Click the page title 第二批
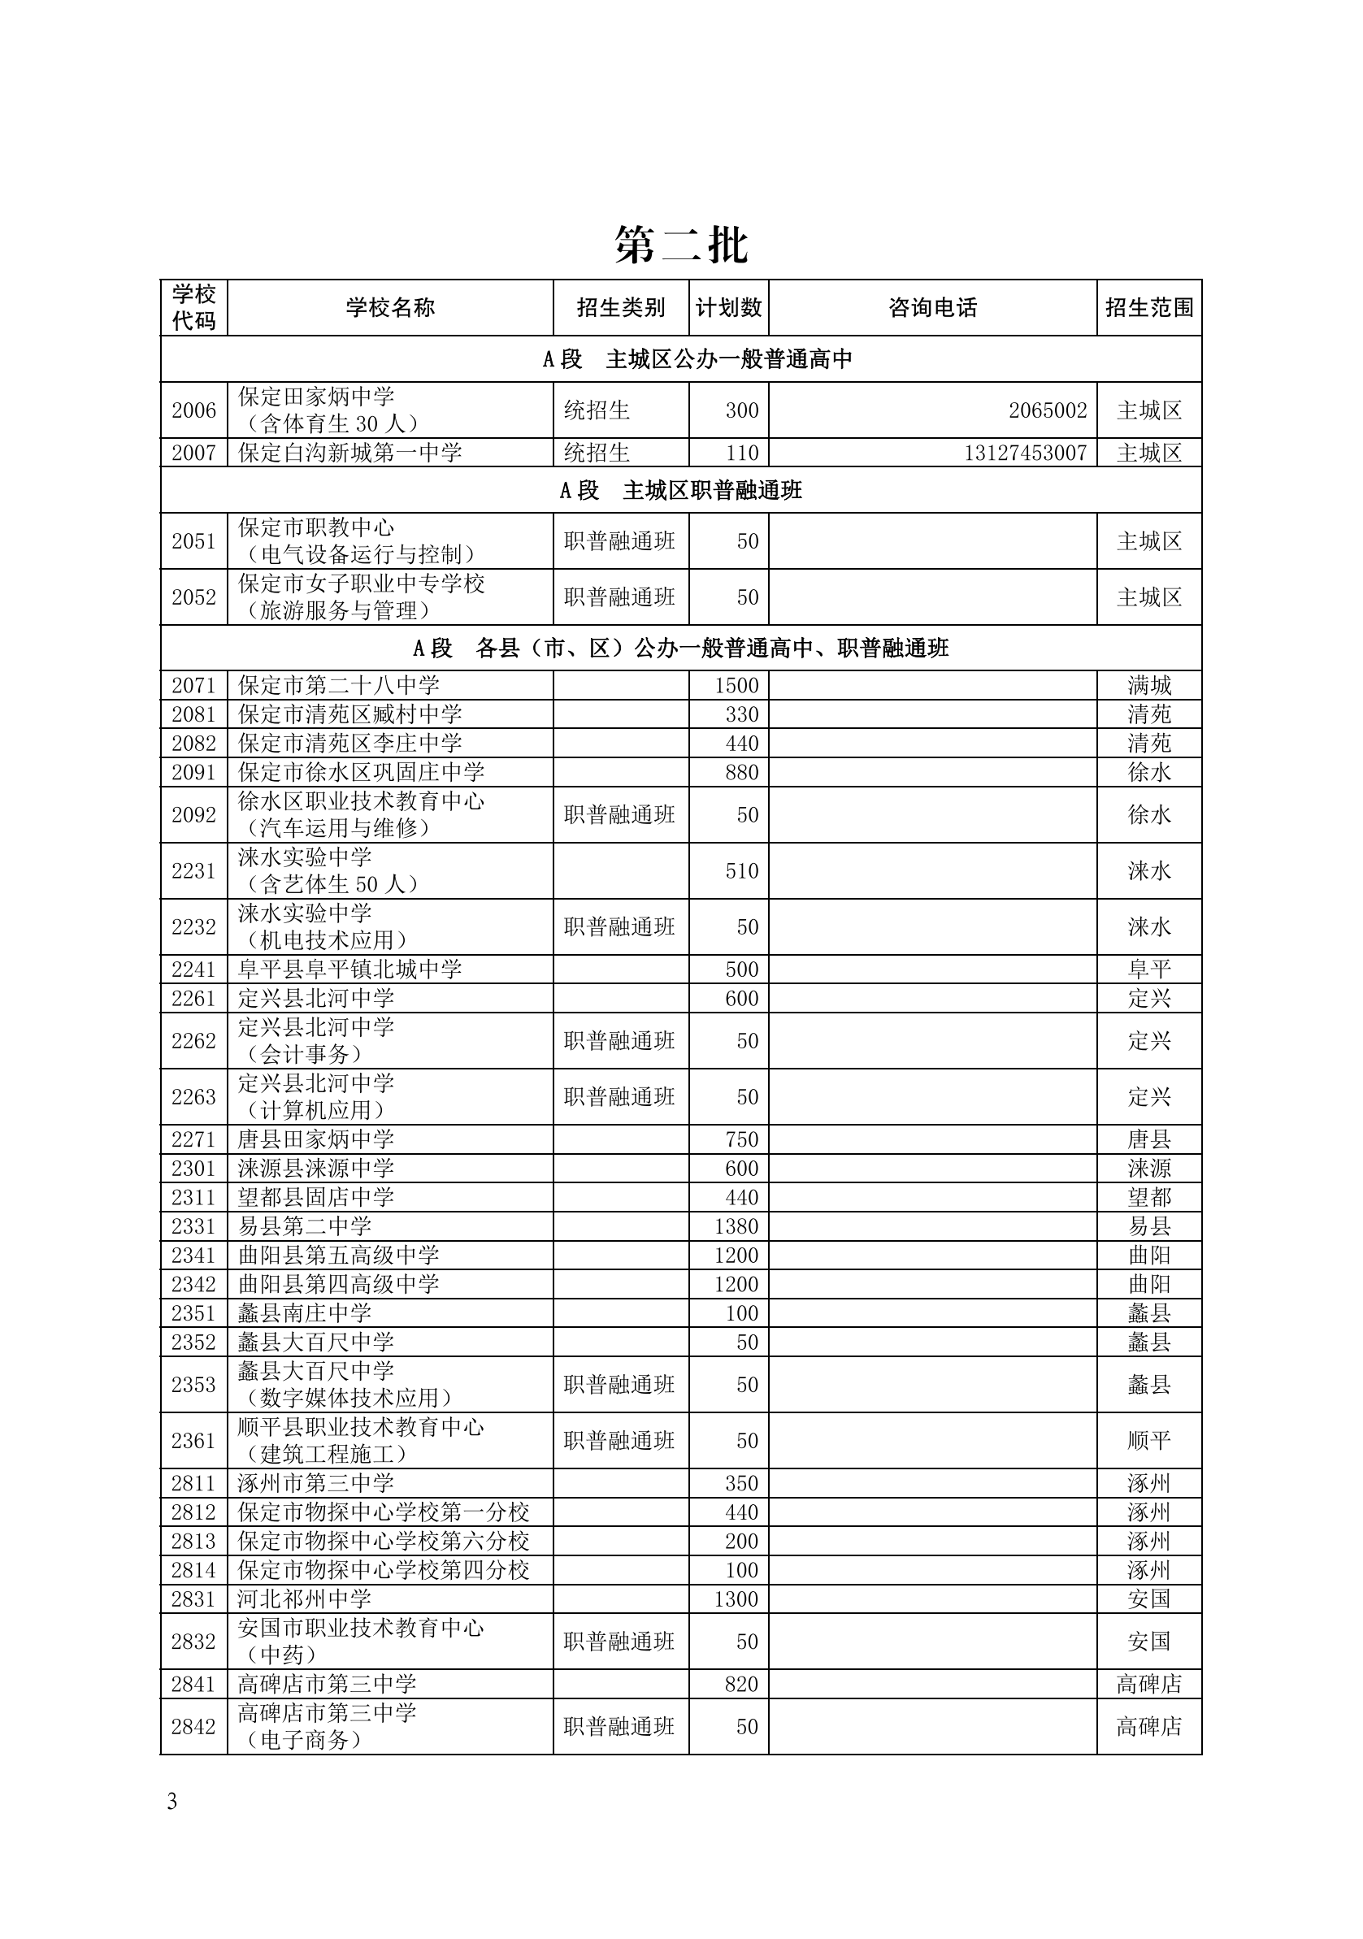click(x=680, y=245)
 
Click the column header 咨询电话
click(x=932, y=307)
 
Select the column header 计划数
click(x=728, y=307)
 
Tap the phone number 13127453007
click(x=1025, y=453)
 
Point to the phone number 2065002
click(x=1047, y=410)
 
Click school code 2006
click(x=193, y=410)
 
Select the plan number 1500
click(x=736, y=685)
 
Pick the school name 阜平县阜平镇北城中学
click(x=349, y=969)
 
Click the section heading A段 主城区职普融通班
click(x=680, y=490)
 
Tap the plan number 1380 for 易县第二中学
click(x=736, y=1225)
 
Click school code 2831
click(x=193, y=1598)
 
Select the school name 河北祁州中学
click(x=305, y=1598)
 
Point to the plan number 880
click(x=741, y=772)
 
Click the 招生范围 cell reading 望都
click(x=1148, y=1197)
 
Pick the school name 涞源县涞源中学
click(x=316, y=1168)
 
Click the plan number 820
click(x=741, y=1684)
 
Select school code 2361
click(x=193, y=1441)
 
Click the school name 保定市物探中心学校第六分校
click(x=384, y=1542)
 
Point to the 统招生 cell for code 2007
click(x=597, y=453)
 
